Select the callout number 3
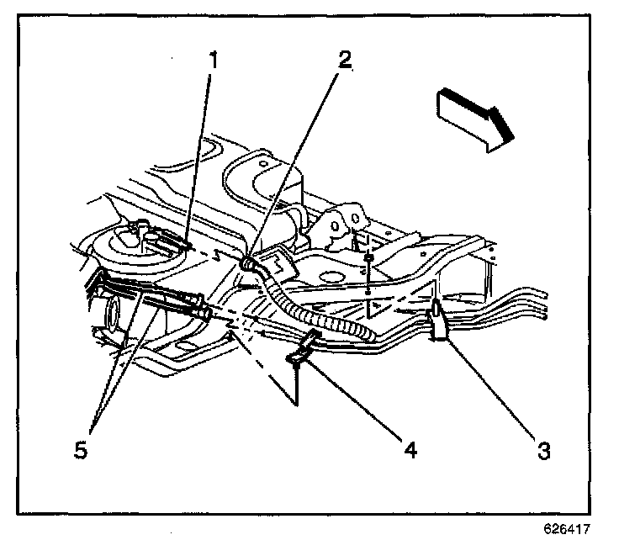(544, 450)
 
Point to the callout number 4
(410, 450)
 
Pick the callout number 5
(80, 450)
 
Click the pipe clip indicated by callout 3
(439, 325)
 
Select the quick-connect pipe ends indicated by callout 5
(172, 303)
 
